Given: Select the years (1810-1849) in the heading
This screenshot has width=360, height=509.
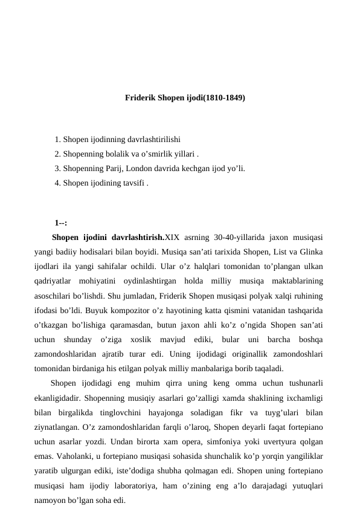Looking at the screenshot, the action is click(x=225, y=97).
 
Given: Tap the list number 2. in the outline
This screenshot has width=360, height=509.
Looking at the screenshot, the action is click(x=57, y=154).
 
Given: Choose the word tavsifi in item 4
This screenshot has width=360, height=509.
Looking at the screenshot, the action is click(x=132, y=183).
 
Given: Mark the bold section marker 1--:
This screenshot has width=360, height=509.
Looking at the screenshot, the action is click(x=60, y=222).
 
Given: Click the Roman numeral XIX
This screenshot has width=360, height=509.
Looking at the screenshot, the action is click(x=173, y=237).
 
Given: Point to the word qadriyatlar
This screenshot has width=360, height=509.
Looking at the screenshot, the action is click(x=53, y=281).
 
